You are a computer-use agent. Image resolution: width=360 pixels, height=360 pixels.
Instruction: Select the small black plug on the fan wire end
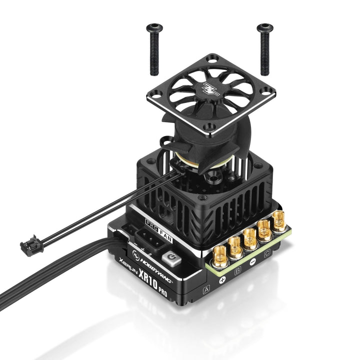click(x=27, y=245)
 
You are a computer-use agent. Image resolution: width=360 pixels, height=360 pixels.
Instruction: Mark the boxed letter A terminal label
click(x=205, y=289)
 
